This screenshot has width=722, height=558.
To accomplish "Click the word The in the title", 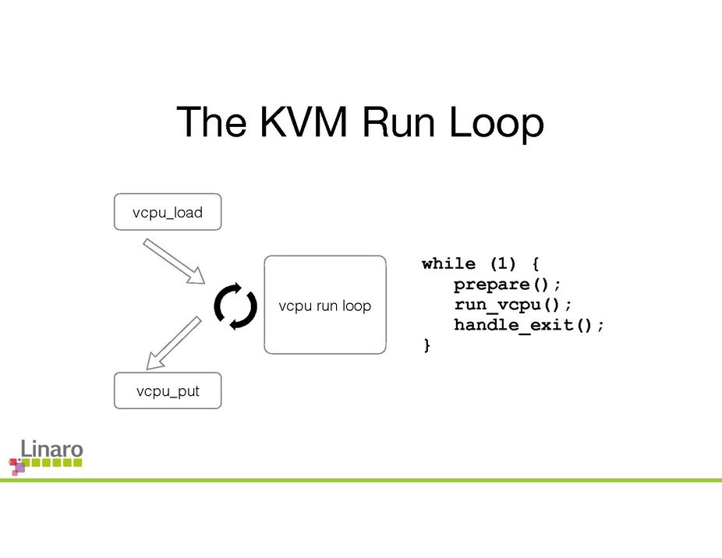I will click(211, 122).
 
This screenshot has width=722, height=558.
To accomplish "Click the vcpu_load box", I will click(168, 212).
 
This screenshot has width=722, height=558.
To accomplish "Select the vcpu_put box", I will click(168, 391).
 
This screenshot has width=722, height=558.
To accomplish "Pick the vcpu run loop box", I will click(325, 305).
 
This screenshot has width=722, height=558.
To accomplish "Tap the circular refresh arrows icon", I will click(235, 306).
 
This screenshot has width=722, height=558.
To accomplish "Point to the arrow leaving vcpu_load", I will click(173, 261).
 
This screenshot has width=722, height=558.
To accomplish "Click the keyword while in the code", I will click(448, 263).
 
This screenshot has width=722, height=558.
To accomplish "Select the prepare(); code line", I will click(507, 284).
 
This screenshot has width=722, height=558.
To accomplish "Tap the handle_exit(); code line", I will click(529, 324).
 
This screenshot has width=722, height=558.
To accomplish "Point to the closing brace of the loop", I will click(426, 344).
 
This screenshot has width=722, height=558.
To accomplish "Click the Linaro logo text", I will click(51, 449).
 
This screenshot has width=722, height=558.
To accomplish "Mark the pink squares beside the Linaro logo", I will click(16, 466).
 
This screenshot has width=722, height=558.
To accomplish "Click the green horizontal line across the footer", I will click(390, 480).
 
